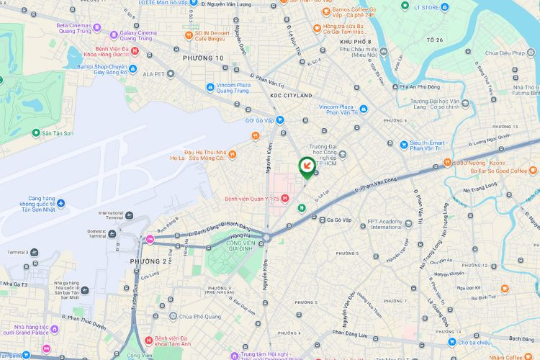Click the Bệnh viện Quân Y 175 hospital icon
285,199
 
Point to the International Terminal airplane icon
129,215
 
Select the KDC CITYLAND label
291,96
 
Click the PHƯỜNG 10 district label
203,58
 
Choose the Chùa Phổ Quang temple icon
173,316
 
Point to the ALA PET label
154,73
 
